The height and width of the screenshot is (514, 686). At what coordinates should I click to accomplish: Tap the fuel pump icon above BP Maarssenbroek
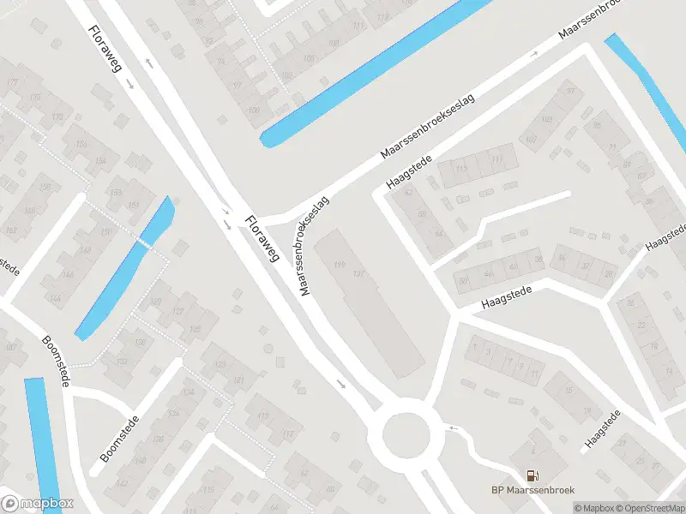(533, 475)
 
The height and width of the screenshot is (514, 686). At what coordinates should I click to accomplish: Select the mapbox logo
(37, 504)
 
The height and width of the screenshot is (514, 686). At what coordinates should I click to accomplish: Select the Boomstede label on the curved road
(55, 360)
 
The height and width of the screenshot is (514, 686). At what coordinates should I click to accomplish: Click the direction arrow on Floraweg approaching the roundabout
(342, 384)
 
